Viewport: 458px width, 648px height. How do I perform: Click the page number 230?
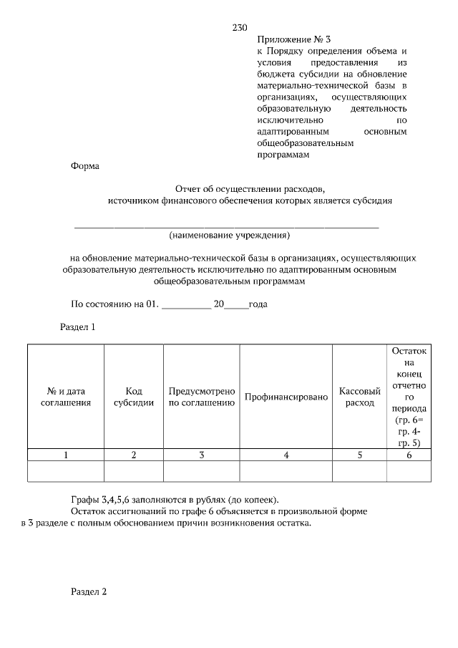click(x=240, y=28)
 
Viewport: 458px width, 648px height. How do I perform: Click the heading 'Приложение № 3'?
click(x=295, y=39)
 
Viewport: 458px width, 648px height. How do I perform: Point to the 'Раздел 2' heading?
click(x=89, y=592)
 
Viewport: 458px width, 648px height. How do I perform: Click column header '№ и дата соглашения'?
click(x=66, y=397)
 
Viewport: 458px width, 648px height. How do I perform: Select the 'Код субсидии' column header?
click(x=134, y=397)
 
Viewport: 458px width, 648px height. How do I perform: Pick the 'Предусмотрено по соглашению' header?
click(x=202, y=397)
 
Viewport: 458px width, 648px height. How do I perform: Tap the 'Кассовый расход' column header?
click(x=359, y=397)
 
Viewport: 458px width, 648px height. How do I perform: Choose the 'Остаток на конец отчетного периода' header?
click(x=409, y=397)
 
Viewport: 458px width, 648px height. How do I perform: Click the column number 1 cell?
click(x=66, y=455)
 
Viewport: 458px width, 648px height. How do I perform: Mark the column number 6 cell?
click(x=409, y=455)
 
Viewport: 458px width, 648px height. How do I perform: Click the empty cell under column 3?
click(x=202, y=471)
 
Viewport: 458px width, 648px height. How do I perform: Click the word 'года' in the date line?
click(x=258, y=304)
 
